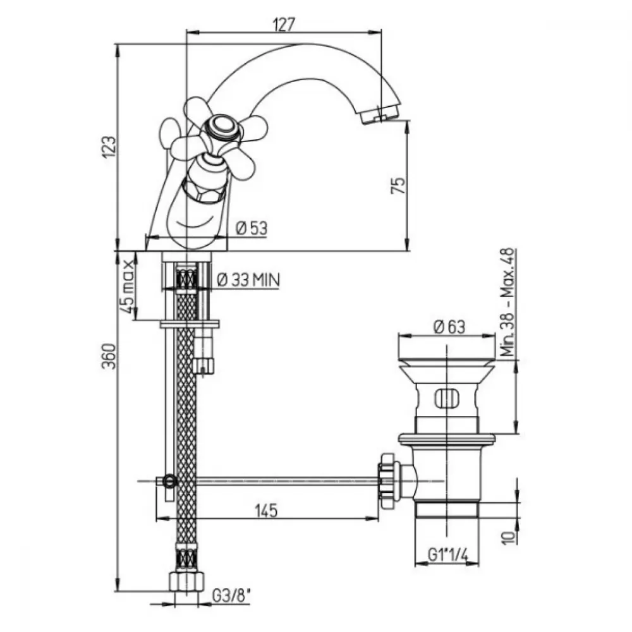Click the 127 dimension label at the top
coord(284,25)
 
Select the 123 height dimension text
coord(109,147)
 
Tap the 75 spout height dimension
coord(398,185)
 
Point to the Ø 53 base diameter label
coord(252,228)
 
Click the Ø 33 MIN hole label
coord(248,280)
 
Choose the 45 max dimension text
coord(127,286)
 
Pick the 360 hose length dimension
coord(109,356)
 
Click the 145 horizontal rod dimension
coord(267,510)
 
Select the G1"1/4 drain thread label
coord(448,555)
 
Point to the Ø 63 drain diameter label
coord(449,327)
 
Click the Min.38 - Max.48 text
coord(508,302)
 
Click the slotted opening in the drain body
coord(447,399)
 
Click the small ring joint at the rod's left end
coord(169,480)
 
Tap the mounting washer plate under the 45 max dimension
coord(190,324)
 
